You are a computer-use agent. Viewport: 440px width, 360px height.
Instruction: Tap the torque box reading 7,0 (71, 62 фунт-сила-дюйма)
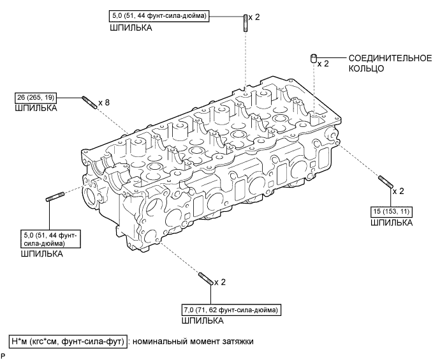230,311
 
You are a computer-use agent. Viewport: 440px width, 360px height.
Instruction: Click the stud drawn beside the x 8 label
90,102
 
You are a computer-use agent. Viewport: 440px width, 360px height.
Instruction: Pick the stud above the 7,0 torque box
205,280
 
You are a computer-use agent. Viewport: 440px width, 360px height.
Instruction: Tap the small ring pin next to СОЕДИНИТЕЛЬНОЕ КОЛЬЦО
314,59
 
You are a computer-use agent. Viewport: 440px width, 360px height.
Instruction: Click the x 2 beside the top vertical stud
256,17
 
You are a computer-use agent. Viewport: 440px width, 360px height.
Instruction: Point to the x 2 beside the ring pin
325,64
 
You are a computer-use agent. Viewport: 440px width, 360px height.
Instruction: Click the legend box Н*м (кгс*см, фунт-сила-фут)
68,341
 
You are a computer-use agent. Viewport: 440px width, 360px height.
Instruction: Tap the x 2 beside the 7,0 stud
221,281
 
